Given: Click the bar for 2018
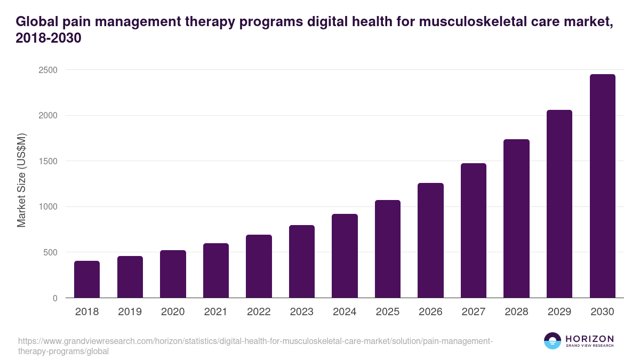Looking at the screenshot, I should pos(87,279).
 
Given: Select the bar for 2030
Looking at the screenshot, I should pos(602,186).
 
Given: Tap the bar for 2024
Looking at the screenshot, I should pos(345,256).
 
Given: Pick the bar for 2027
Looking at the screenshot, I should pos(474,230).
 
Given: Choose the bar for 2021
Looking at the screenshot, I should pos(215,270).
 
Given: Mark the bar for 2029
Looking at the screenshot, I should pos(559,204).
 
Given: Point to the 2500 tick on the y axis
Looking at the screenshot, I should pos(46,70).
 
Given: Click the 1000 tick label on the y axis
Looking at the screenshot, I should pos(46,207).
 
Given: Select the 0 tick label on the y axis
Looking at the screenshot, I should pos(54,298).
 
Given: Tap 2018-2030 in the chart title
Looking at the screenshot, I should pos(49,38).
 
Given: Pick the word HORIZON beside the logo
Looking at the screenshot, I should pos(590,339).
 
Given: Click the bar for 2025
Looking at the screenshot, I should pos(387,249).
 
